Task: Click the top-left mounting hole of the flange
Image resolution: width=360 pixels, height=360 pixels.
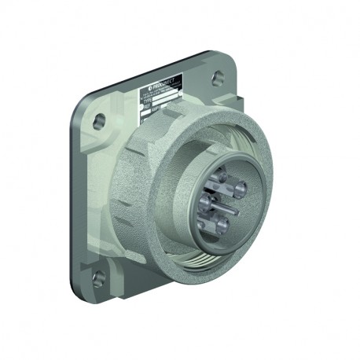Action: [99, 120]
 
